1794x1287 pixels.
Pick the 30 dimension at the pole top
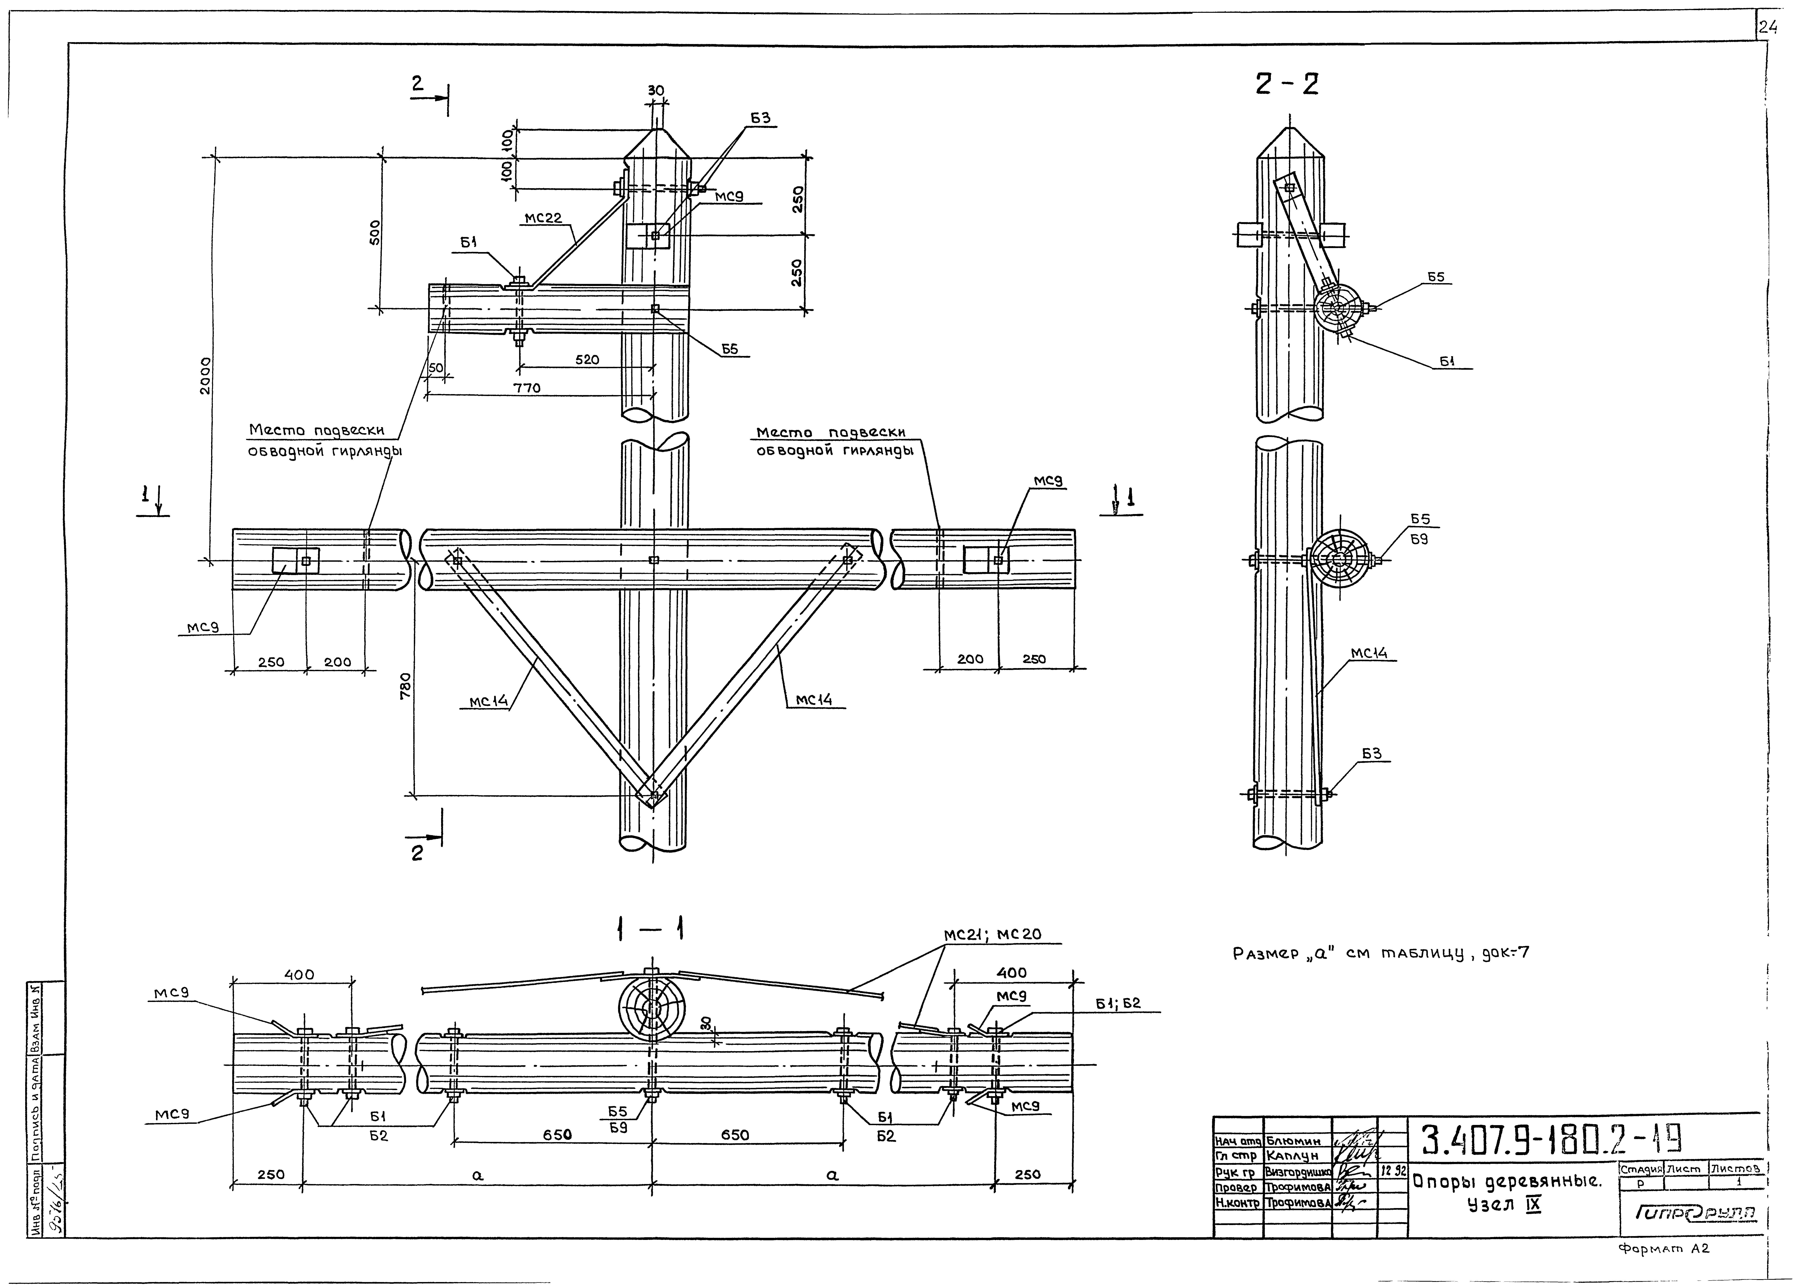pyautogui.click(x=656, y=91)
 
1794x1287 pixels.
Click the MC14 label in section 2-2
pyautogui.click(x=1369, y=654)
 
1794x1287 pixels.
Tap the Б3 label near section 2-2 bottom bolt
pyautogui.click(x=1372, y=754)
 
